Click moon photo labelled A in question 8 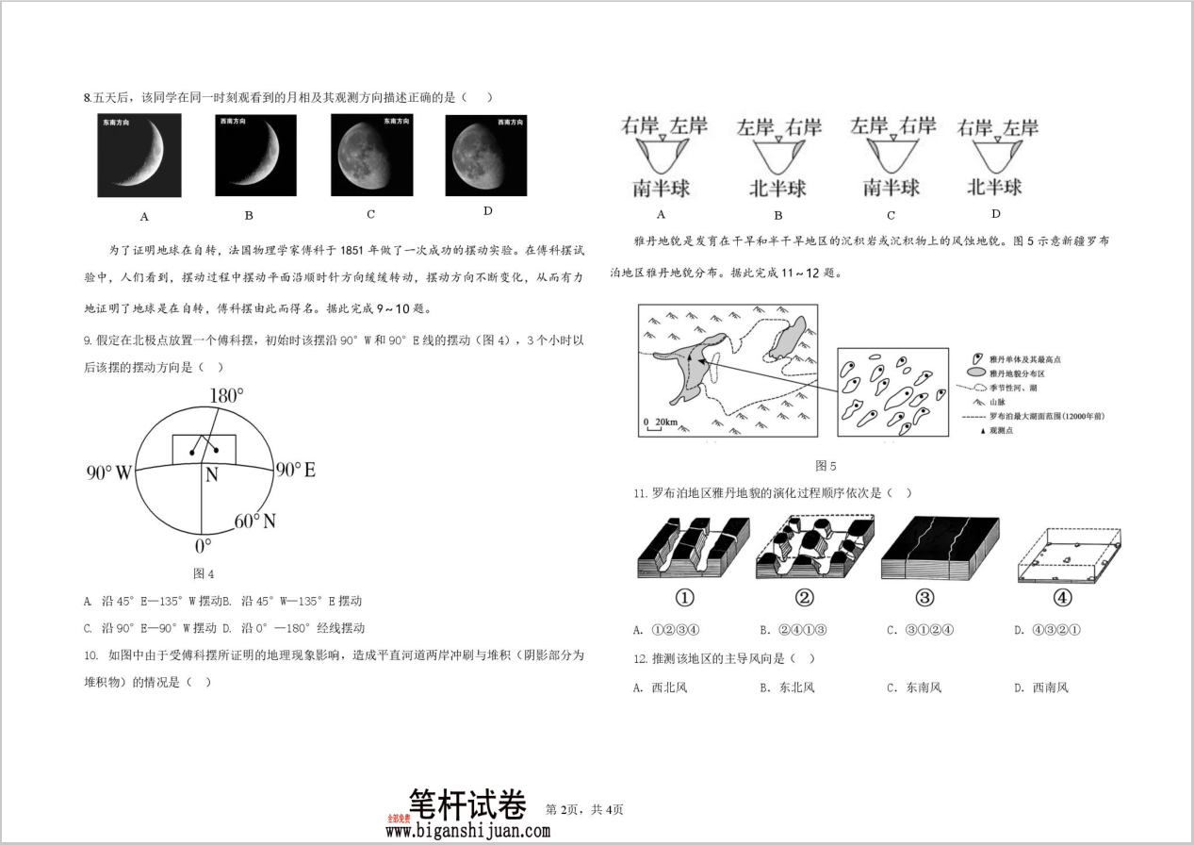point(139,155)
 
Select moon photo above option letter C point(371,155)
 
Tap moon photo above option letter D point(485,156)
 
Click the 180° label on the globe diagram point(226,396)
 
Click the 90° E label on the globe point(294,470)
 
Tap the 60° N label point(254,521)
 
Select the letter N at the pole point(212,475)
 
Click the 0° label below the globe point(203,546)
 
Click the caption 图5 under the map point(826,466)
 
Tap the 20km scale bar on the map point(661,422)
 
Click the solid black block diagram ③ point(939,548)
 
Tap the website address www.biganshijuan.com point(467,831)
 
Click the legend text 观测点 point(1004,431)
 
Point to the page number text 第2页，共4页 point(584,809)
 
